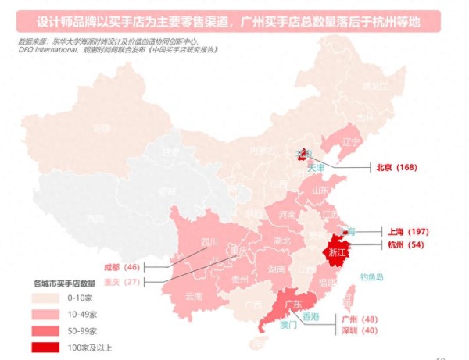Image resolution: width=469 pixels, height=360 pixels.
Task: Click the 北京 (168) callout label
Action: [x=396, y=167]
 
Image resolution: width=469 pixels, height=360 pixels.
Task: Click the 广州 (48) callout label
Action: [x=360, y=319]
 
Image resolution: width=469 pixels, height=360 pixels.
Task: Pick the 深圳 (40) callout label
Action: [x=360, y=330]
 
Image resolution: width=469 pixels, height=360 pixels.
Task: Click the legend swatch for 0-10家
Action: [x=47, y=298]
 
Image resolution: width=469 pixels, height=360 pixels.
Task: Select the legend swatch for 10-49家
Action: [x=47, y=315]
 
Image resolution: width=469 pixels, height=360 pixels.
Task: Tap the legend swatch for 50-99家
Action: [x=47, y=331]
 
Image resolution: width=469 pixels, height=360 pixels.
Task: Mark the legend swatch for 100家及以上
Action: [x=47, y=348]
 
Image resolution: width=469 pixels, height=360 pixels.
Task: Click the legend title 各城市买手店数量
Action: [x=64, y=283]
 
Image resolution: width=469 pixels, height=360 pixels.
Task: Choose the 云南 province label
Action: [x=193, y=296]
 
